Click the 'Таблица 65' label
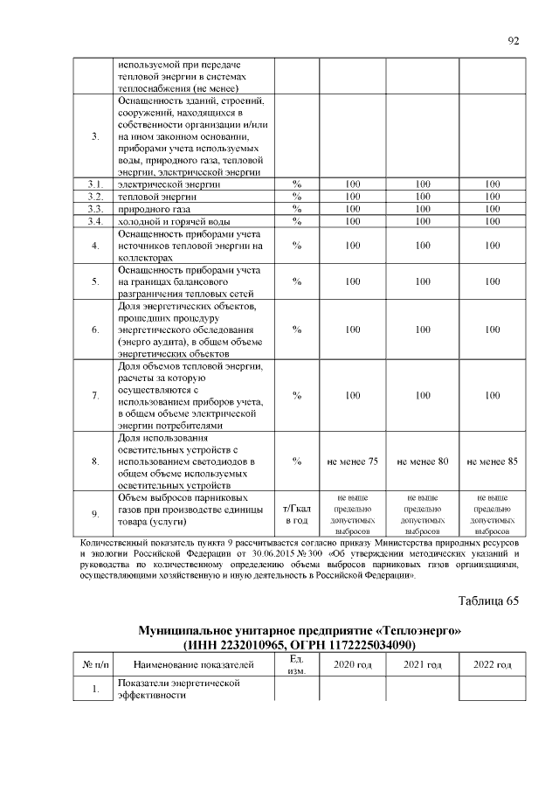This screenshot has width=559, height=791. [x=488, y=600]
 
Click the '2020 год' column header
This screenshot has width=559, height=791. [x=352, y=665]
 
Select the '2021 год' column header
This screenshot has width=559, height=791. [x=422, y=665]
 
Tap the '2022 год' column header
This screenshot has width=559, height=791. [x=493, y=665]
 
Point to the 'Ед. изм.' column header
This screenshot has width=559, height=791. [x=297, y=665]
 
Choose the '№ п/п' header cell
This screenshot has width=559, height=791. [x=94, y=666]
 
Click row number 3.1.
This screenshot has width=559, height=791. [x=94, y=184]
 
